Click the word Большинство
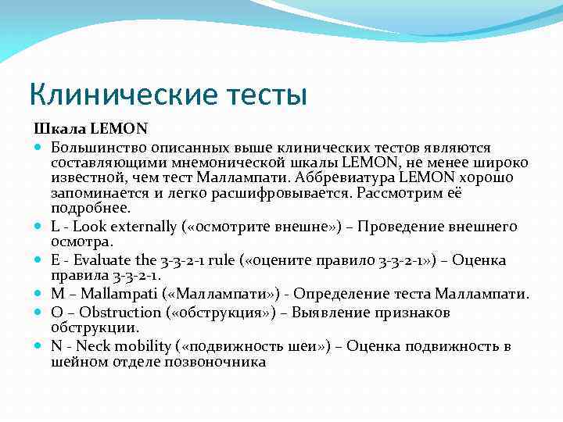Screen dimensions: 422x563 [x=97, y=147]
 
